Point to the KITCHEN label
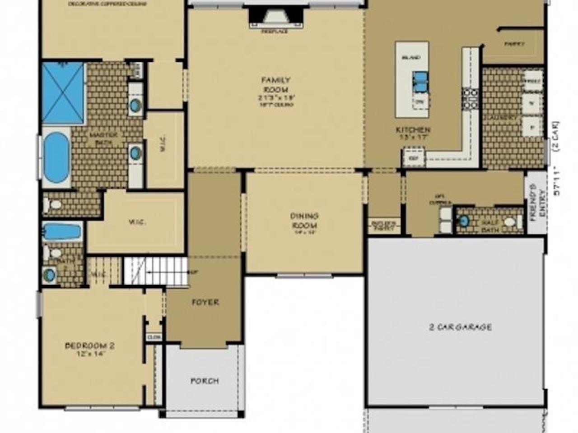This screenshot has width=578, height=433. [x=413, y=130]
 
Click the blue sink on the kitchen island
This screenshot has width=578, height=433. [x=420, y=81]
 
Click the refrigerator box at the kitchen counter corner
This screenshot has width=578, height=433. [x=412, y=158]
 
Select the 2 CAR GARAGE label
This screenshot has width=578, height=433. [x=460, y=327]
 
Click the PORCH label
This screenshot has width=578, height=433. [x=205, y=381]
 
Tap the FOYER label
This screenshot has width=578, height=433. [x=205, y=302]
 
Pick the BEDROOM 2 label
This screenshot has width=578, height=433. [x=90, y=346]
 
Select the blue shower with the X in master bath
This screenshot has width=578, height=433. [x=63, y=93]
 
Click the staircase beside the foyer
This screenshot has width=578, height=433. [x=156, y=271]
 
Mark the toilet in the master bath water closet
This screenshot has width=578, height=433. [x=53, y=204]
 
